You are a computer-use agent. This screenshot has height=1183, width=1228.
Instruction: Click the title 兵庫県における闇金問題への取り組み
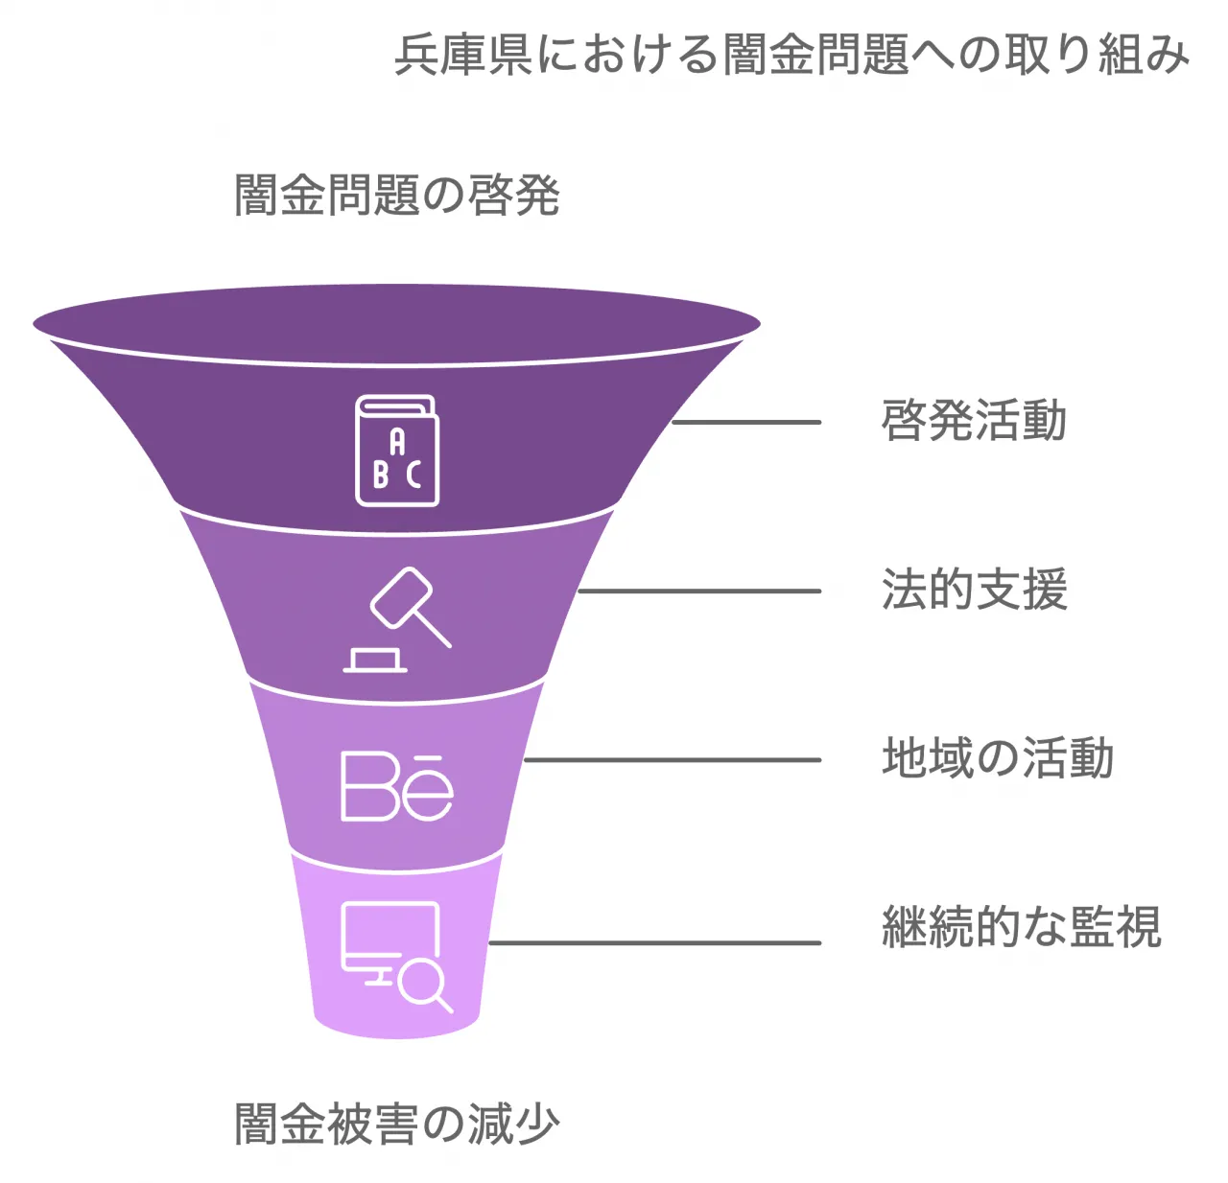click(791, 55)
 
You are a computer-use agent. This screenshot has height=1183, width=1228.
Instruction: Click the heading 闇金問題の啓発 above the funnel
click(397, 196)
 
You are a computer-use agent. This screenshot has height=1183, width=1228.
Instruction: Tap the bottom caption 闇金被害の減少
click(397, 1124)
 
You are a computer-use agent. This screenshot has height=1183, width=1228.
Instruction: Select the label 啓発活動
click(974, 421)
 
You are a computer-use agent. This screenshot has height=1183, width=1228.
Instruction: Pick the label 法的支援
click(974, 590)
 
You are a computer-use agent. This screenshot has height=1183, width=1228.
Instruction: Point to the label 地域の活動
click(998, 758)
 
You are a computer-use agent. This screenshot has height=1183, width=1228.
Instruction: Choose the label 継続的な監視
click(1022, 927)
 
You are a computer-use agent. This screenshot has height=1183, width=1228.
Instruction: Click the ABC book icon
click(397, 451)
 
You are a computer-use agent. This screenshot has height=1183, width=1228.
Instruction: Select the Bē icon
click(397, 786)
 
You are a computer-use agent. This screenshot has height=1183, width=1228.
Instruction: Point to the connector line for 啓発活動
click(746, 422)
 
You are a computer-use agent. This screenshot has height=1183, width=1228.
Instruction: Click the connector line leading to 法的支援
click(698, 591)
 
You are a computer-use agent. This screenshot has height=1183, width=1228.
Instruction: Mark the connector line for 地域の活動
click(672, 759)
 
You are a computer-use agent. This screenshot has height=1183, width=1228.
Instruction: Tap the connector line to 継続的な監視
click(654, 942)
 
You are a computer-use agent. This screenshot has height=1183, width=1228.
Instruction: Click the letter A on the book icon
click(397, 442)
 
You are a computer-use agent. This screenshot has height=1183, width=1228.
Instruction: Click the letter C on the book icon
click(413, 474)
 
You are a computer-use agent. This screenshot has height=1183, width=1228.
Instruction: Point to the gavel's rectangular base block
click(375, 660)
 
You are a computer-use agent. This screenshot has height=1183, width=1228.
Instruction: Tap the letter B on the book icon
click(381, 474)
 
